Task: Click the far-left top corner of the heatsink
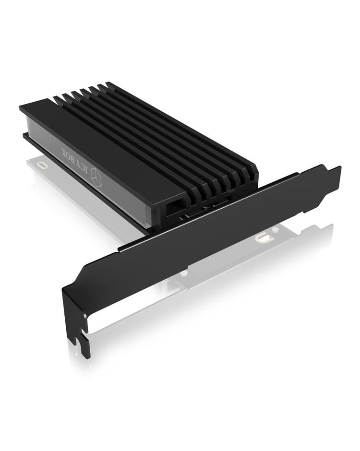22,108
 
